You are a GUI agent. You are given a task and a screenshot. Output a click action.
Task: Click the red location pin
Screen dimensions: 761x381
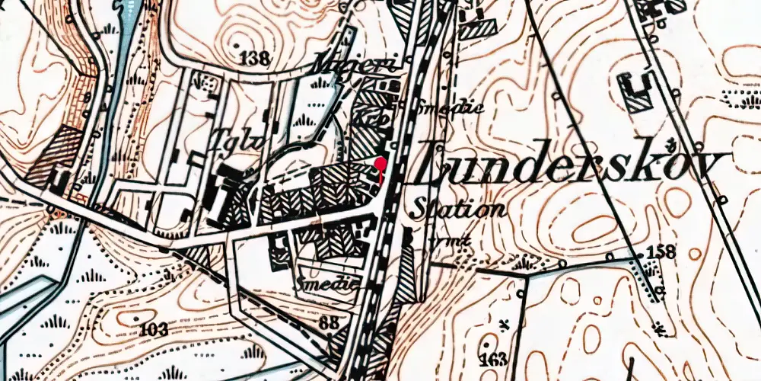380,163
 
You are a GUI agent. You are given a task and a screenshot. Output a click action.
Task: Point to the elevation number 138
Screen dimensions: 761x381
254,58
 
